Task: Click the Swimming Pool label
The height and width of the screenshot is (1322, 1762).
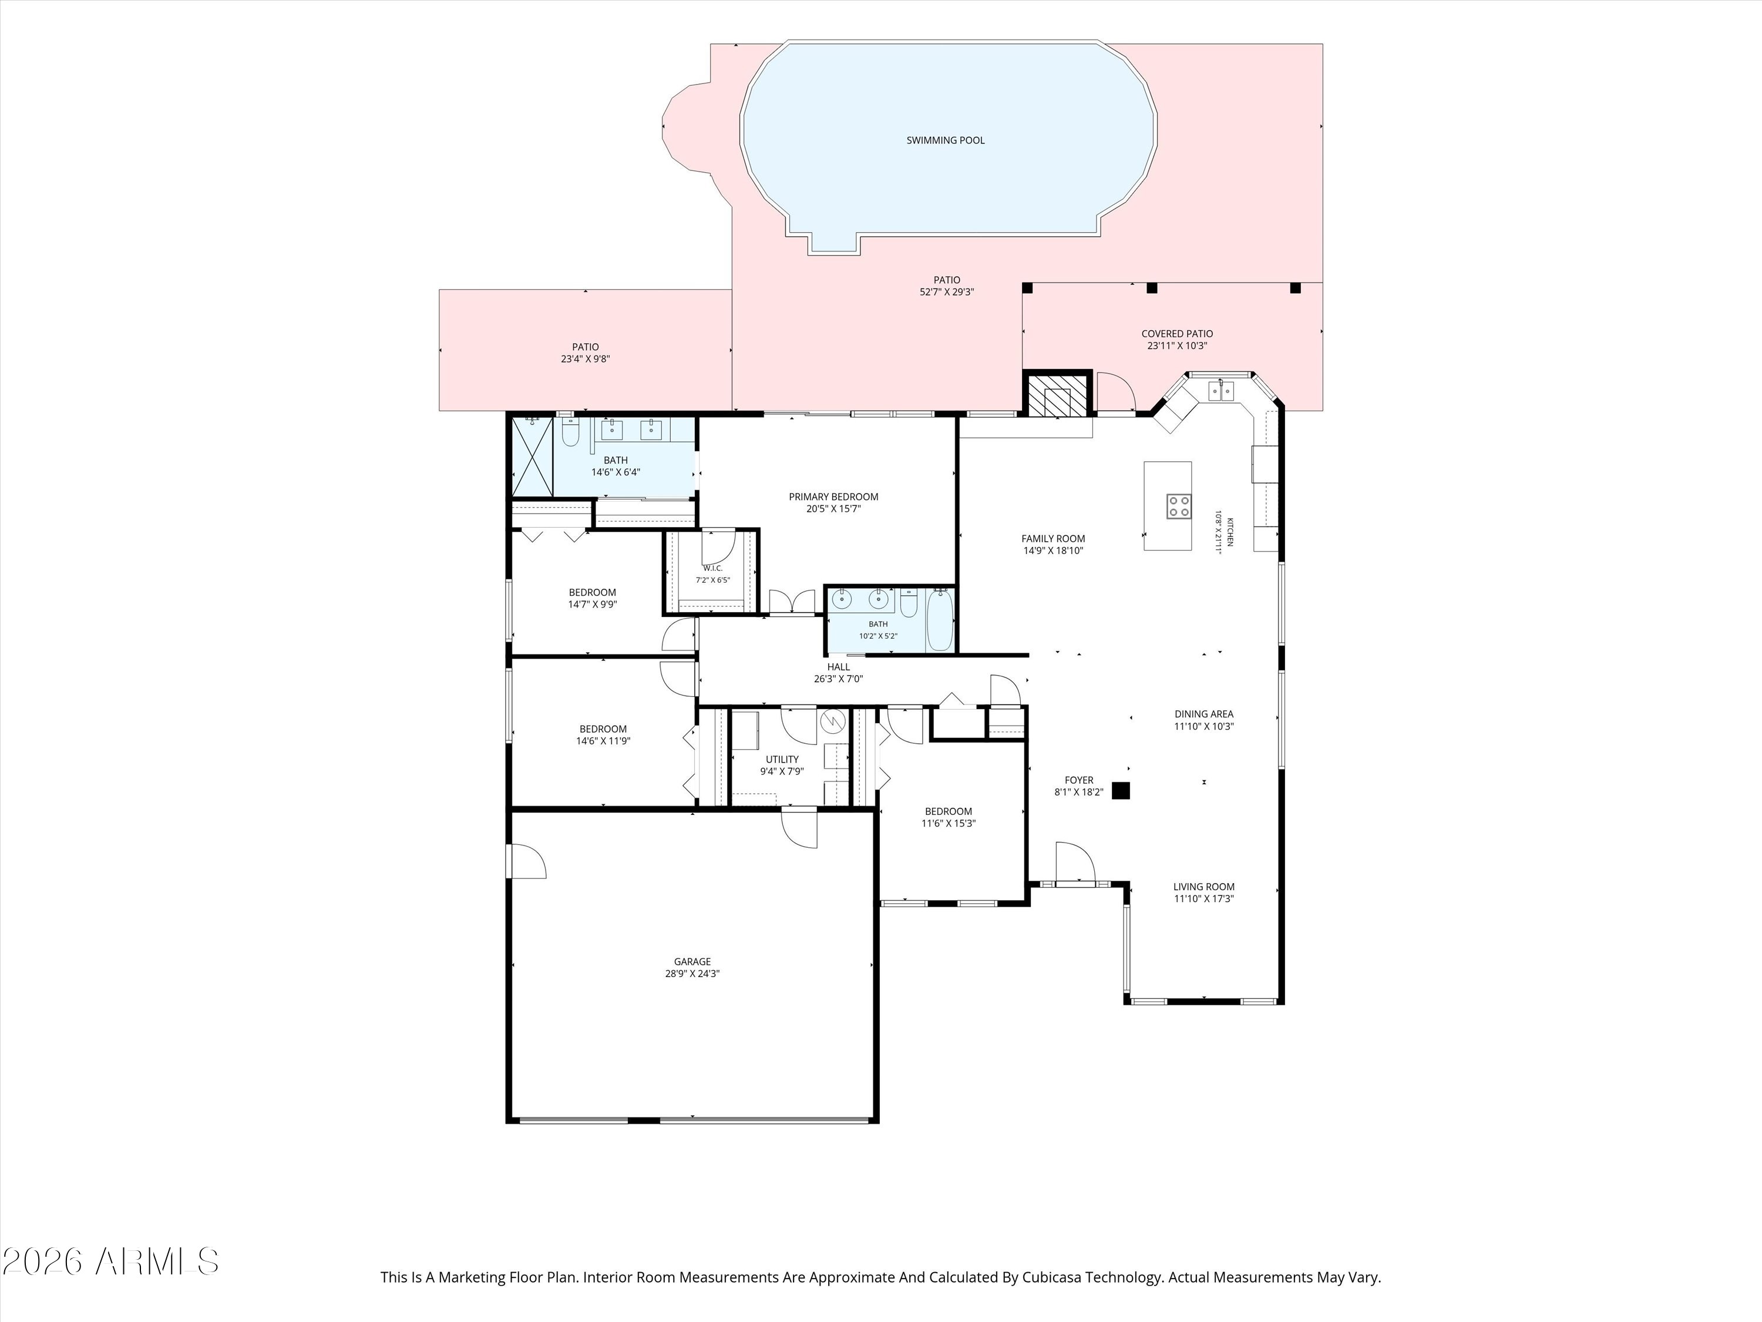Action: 946,140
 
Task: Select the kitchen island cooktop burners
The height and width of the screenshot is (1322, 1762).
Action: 1179,506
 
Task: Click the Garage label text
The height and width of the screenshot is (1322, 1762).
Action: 692,962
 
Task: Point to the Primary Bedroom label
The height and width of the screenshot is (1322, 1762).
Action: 834,496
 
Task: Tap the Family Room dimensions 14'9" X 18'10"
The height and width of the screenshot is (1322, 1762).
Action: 1054,551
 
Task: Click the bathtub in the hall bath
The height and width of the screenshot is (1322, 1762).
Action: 940,620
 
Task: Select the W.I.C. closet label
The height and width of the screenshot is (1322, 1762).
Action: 713,568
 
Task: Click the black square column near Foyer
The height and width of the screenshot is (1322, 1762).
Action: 1121,790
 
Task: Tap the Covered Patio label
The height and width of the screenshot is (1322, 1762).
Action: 1178,334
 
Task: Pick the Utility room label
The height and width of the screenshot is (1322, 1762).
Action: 782,759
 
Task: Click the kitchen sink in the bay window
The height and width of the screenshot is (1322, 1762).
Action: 1220,391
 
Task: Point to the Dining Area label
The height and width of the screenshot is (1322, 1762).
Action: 1203,714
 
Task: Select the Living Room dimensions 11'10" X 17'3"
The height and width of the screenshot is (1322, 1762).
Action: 1203,899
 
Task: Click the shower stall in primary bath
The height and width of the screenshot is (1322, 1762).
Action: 532,456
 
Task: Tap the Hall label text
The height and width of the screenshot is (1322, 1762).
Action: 838,667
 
